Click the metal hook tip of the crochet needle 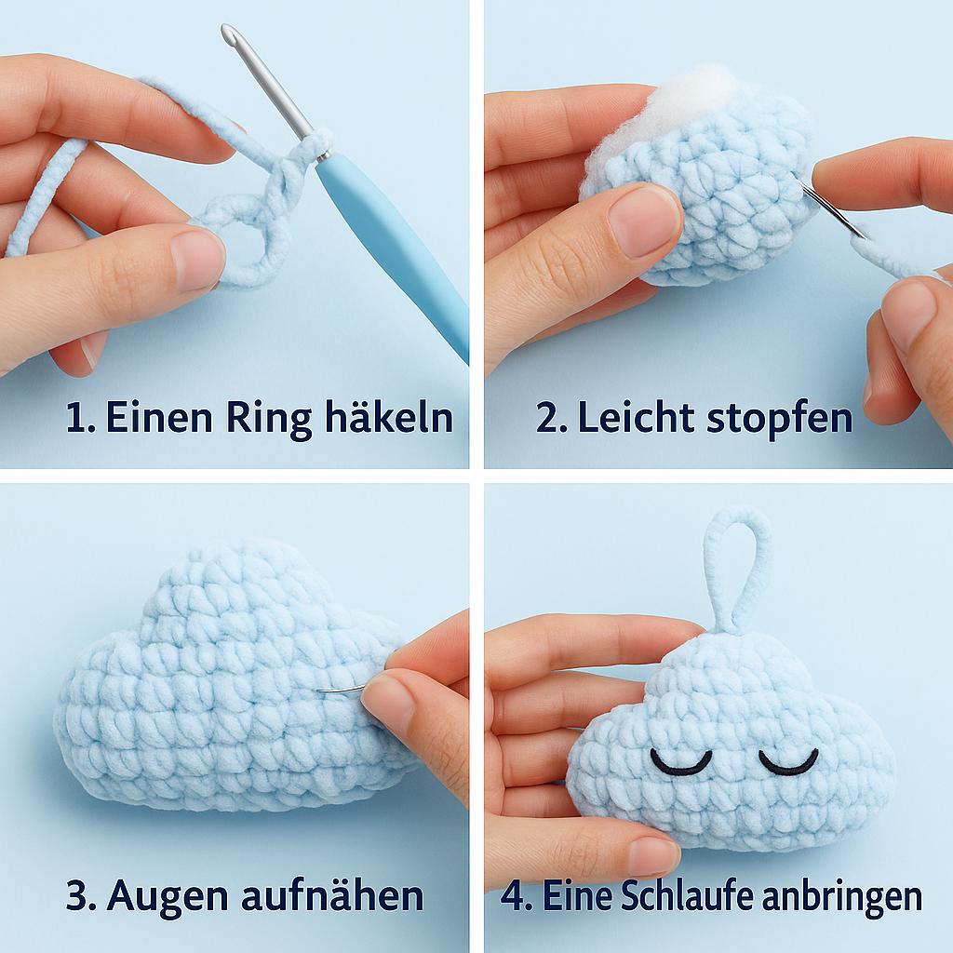click(227, 31)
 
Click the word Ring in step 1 click(269, 418)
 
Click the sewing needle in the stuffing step click(834, 209)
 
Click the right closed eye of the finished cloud click(788, 763)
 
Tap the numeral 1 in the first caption click(75, 419)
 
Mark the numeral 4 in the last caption click(513, 896)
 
